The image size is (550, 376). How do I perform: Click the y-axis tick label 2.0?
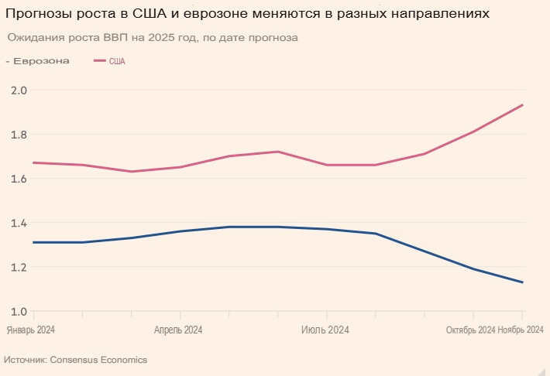(19, 91)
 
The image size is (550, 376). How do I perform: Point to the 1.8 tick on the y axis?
(19, 135)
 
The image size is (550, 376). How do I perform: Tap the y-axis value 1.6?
(19, 179)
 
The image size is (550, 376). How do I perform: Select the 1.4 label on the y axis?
(19, 224)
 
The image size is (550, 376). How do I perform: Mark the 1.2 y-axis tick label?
(19, 268)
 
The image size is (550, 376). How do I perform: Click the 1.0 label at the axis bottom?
(19, 312)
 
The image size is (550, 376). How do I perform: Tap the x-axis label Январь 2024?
(31, 330)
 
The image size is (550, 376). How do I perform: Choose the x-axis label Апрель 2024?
(178, 330)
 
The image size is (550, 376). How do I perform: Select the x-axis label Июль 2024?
(325, 330)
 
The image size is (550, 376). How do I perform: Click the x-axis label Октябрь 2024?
(470, 330)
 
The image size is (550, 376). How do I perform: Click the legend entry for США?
(116, 61)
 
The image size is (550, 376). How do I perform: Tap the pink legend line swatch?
(100, 61)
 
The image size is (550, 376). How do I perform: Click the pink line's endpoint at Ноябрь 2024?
(523, 105)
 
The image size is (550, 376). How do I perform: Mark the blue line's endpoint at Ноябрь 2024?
(523, 282)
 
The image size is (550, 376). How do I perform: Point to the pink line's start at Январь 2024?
(33, 162)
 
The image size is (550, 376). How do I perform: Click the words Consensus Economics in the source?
(98, 361)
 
